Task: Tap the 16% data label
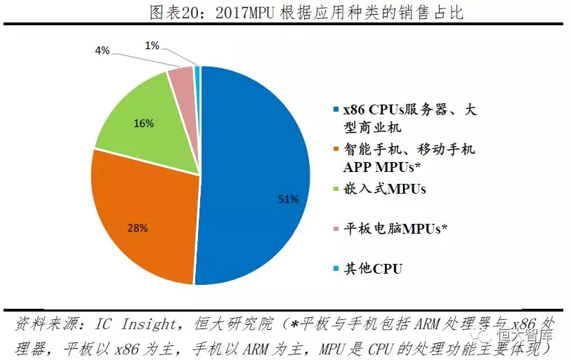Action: [143, 122]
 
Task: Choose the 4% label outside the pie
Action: [102, 51]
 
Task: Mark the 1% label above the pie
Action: [152, 46]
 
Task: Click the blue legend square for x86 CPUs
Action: [335, 110]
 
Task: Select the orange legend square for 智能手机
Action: [335, 149]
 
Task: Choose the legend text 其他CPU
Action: [372, 268]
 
